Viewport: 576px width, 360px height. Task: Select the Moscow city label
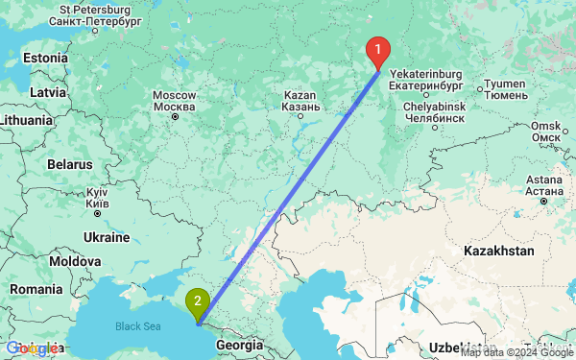[175, 101]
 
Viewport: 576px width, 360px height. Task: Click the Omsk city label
[545, 132]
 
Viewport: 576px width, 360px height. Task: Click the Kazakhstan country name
[498, 250]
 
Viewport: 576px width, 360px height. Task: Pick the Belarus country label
[69, 164]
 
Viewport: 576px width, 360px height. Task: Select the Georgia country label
[239, 344]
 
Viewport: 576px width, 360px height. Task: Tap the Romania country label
[37, 288]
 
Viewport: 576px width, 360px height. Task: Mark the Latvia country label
[46, 91]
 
